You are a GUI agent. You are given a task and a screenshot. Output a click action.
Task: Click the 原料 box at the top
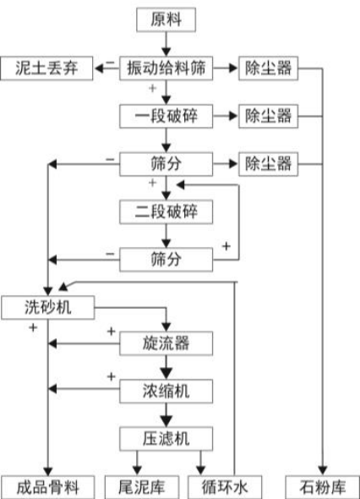(x=166, y=18)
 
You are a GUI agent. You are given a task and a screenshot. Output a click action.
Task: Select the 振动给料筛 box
(x=166, y=67)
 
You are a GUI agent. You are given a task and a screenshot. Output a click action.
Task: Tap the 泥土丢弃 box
(x=46, y=67)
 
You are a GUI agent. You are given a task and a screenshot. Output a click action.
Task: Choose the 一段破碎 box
(x=166, y=114)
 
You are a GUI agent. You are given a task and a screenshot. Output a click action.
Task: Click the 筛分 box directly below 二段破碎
(x=166, y=255)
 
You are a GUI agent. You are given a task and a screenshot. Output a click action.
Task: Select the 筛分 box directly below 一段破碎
(x=166, y=161)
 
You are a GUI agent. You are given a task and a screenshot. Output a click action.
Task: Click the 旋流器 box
(x=166, y=343)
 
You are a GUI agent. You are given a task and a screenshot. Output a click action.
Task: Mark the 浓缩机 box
(x=166, y=390)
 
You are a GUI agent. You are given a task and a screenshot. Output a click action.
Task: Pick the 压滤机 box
(x=166, y=437)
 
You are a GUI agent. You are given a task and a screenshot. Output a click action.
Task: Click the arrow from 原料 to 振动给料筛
(x=166, y=42)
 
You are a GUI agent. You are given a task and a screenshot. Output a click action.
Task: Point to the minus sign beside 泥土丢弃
(x=107, y=63)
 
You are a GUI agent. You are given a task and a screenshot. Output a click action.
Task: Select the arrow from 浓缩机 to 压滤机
(x=166, y=414)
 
